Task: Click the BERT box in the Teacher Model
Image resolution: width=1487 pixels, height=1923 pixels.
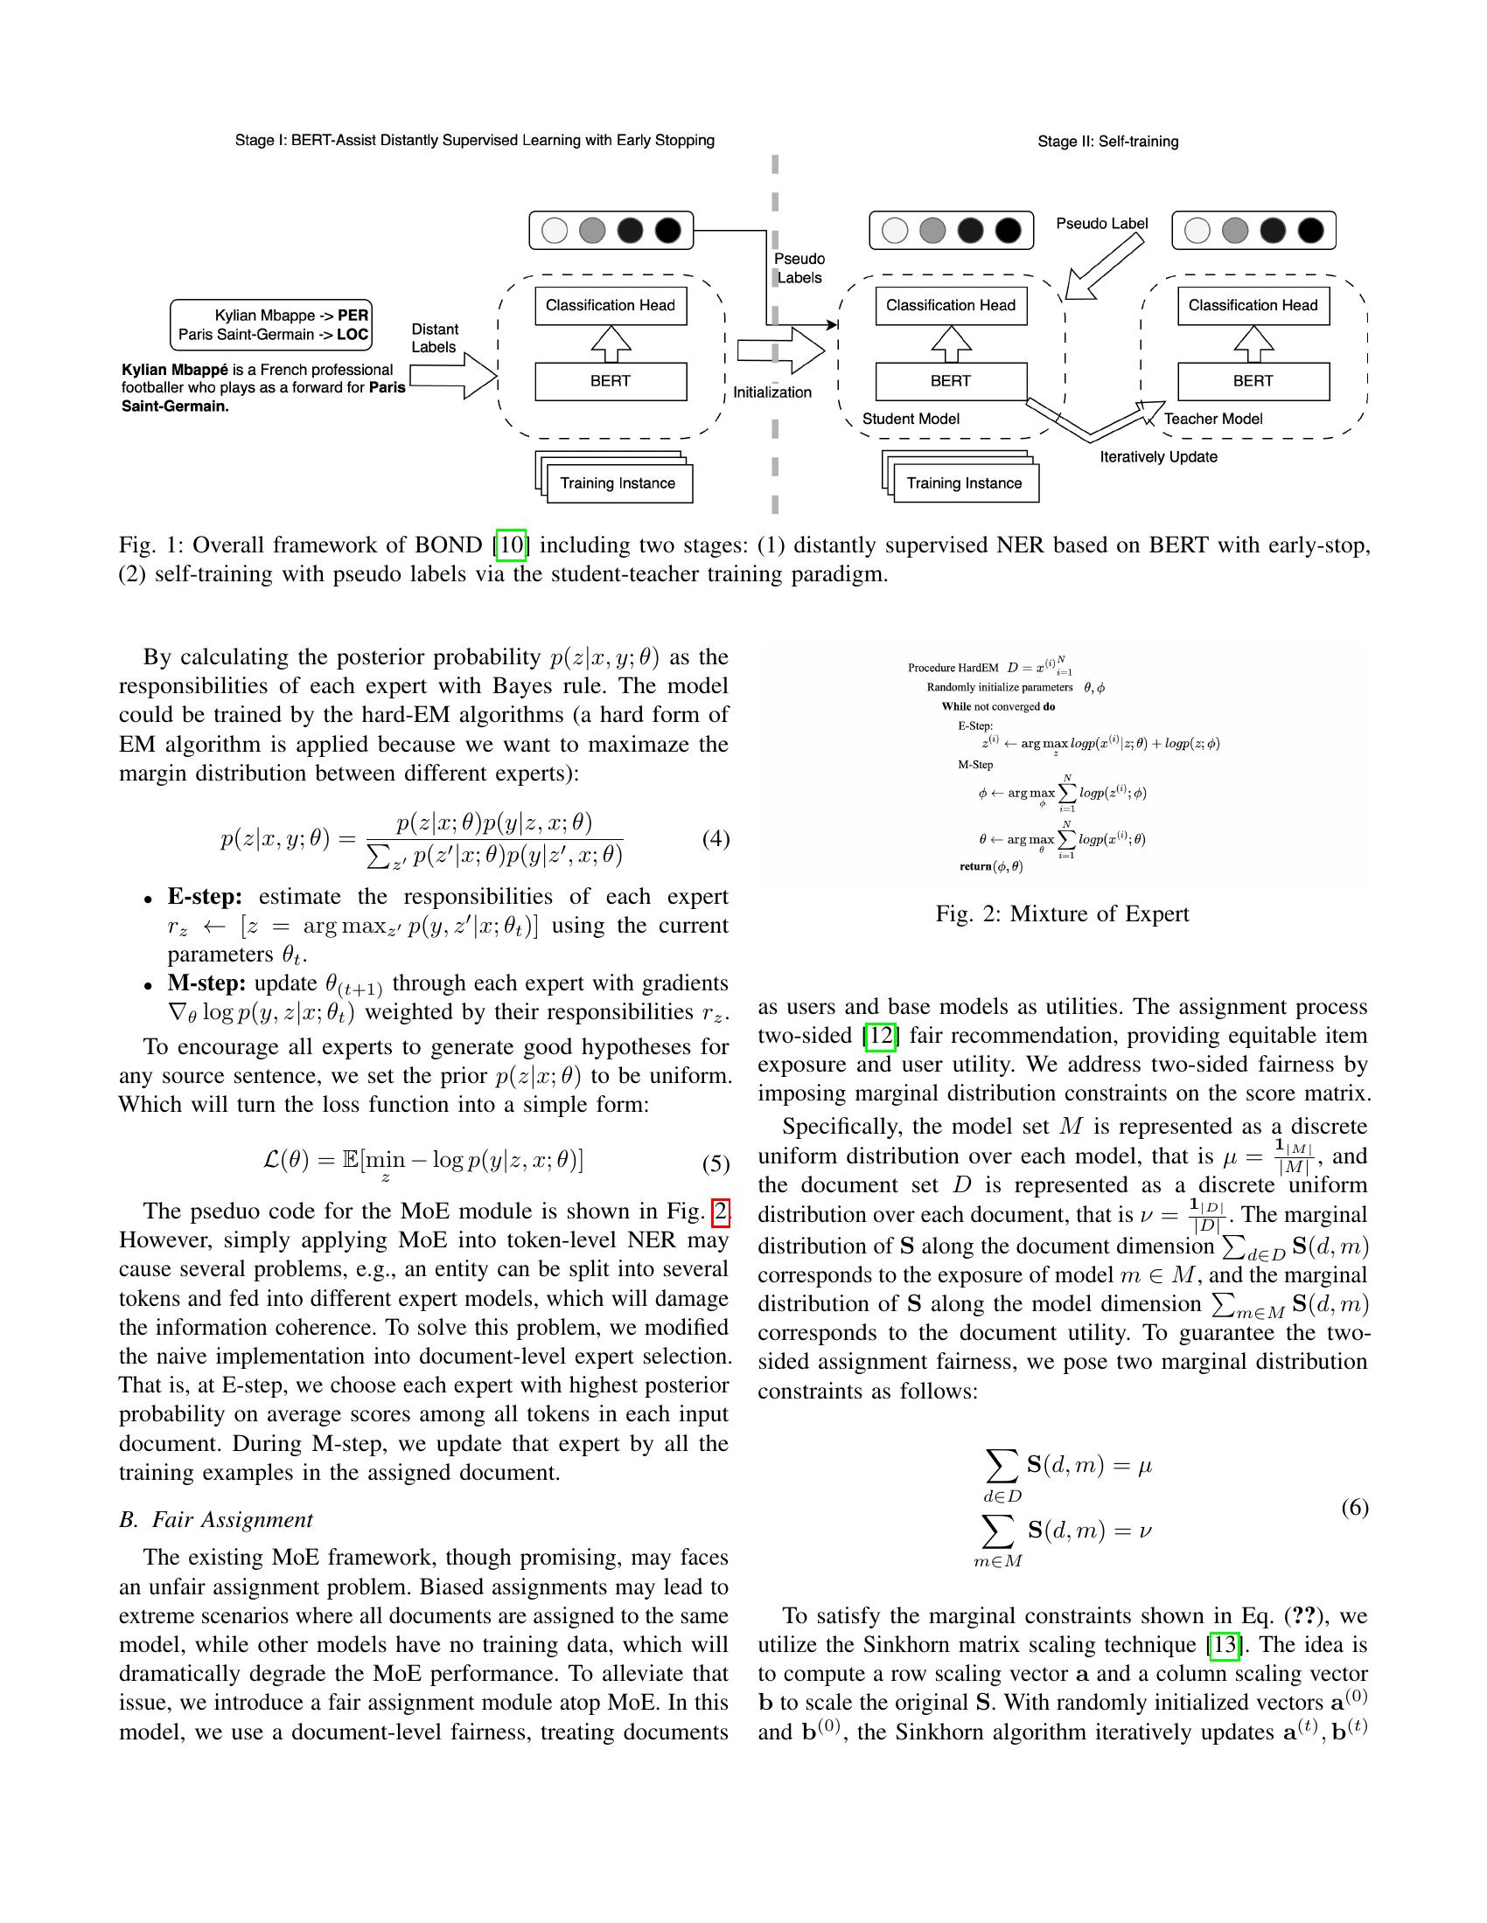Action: [x=1253, y=381]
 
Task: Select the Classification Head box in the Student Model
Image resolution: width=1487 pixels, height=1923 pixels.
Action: [x=951, y=306]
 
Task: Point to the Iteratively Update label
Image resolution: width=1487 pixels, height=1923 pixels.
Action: [x=1157, y=457]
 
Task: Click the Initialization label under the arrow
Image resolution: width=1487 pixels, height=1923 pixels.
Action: [x=771, y=392]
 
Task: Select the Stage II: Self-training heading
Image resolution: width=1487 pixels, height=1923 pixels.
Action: [x=1107, y=142]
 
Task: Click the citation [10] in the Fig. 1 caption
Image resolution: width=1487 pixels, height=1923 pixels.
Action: [x=512, y=545]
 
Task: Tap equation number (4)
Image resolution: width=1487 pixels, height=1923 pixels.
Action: [x=716, y=839]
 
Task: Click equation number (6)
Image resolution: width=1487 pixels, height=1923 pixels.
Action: [x=1354, y=1509]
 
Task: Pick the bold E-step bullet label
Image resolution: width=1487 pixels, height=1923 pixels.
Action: [x=205, y=896]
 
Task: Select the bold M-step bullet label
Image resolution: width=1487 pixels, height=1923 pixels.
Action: [x=206, y=982]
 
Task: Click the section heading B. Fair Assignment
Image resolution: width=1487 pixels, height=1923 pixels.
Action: [x=216, y=1520]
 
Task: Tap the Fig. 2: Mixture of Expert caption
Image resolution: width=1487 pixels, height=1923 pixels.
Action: [x=1062, y=914]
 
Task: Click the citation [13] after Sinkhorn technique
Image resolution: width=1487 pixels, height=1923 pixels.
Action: [x=1225, y=1645]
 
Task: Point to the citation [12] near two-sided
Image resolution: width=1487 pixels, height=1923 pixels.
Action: [x=880, y=1036]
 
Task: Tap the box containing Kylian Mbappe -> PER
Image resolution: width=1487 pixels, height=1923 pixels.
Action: [x=271, y=325]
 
